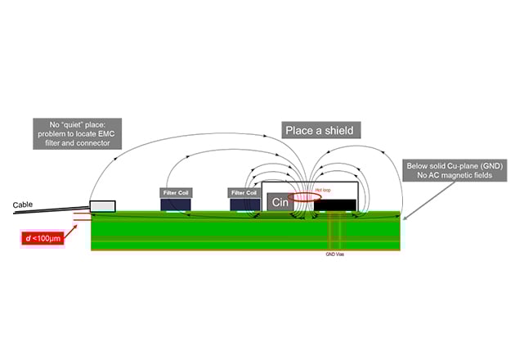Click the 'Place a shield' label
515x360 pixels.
[322, 130]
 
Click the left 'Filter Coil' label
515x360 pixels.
[175, 192]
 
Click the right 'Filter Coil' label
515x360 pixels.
[244, 192]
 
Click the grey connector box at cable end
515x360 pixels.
[102, 205]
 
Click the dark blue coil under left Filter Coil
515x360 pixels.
[175, 205]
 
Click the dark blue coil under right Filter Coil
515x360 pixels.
[244, 205]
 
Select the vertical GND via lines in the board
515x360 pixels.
[335, 233]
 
